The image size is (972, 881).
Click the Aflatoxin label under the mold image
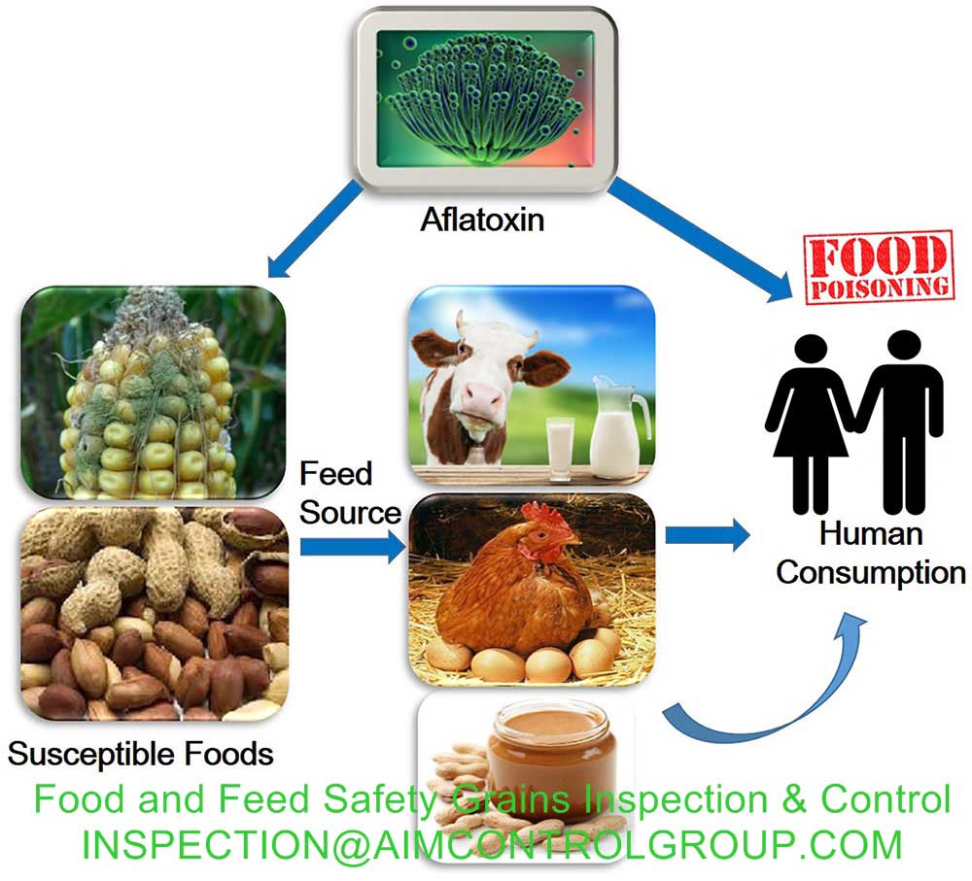[x=482, y=220]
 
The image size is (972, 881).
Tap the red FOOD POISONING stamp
[x=879, y=267]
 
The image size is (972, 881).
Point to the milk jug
[x=618, y=426]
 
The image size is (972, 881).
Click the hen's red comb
[x=545, y=517]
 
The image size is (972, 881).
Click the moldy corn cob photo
[x=154, y=392]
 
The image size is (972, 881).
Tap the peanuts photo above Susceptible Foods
[x=155, y=613]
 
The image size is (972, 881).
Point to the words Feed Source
[x=350, y=493]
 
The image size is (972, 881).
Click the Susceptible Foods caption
[x=141, y=755]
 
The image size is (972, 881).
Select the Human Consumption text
[x=870, y=554]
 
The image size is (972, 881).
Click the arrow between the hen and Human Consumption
[x=708, y=534]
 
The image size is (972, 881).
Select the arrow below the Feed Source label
[x=353, y=547]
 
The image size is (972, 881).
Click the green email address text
[x=492, y=845]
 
